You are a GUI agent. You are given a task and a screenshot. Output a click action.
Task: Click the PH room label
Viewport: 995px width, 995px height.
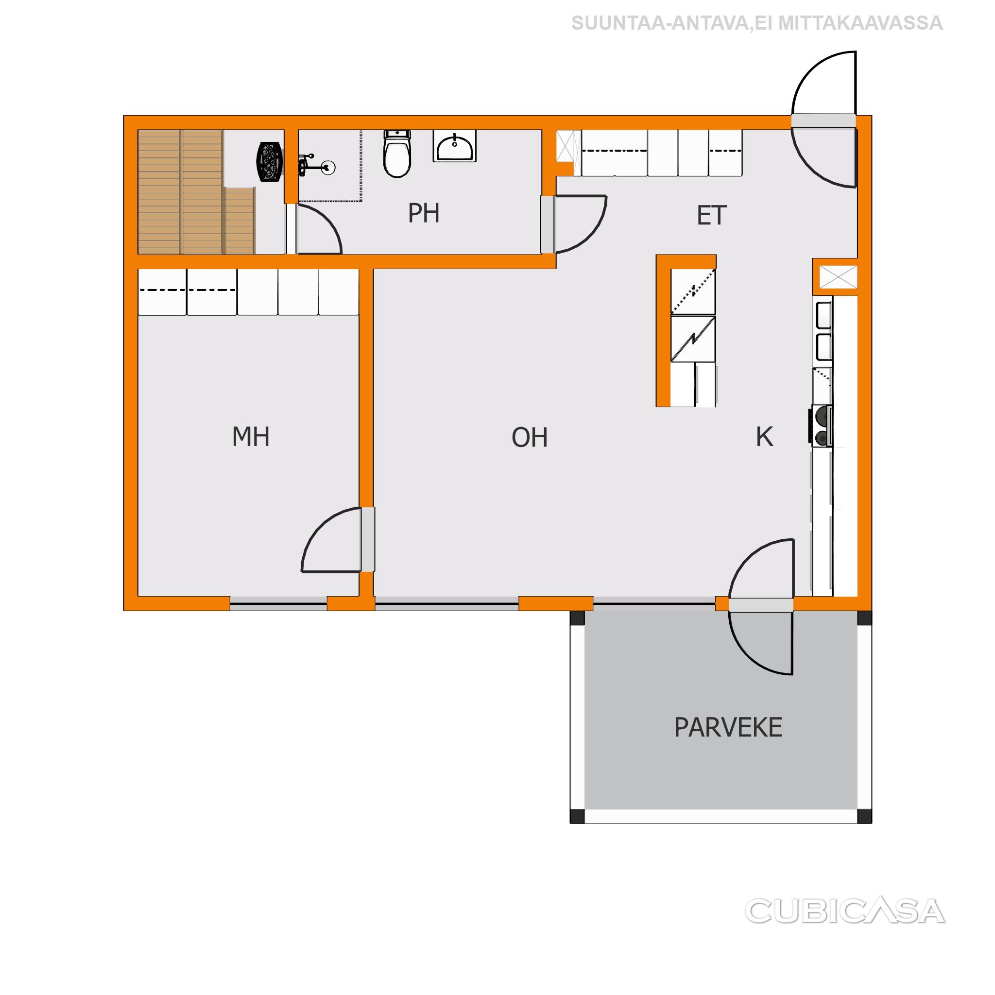coord(423,213)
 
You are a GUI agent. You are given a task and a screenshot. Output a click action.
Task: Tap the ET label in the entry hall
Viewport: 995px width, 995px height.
coord(711,215)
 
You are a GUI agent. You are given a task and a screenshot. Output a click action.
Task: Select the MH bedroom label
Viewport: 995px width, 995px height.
coord(251,437)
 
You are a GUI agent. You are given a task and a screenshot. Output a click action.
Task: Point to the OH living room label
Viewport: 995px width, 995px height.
coord(530,437)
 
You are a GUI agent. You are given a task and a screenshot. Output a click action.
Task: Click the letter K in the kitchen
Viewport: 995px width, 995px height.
coord(764,437)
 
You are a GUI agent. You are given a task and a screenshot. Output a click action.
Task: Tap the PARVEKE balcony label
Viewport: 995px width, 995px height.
coord(728,728)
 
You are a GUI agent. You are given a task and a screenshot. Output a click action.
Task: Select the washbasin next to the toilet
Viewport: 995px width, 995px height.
coord(454,146)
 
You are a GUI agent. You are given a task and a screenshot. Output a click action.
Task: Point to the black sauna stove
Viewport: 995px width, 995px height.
coord(269,162)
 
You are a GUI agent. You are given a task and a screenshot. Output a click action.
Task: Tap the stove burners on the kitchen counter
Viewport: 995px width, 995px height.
coord(821,426)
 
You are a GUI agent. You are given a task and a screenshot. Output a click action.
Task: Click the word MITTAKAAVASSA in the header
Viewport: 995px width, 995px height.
coord(860,23)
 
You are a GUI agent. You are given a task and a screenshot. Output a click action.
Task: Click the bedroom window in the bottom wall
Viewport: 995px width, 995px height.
coord(278,607)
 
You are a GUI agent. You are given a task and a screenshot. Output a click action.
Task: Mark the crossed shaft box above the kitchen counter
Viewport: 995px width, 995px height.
coord(838,277)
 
